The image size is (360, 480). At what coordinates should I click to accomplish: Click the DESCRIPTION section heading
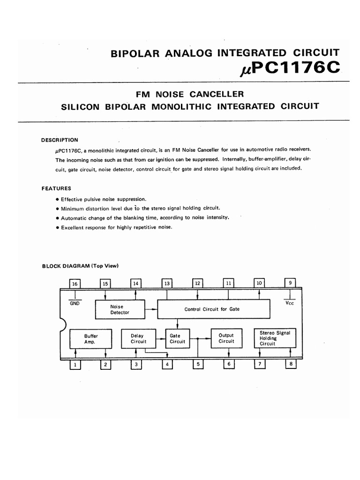(x=60, y=140)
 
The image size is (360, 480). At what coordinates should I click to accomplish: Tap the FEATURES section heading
(x=56, y=188)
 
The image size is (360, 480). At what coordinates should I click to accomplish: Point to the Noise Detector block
(x=120, y=309)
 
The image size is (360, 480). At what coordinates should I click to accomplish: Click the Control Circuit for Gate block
(x=214, y=309)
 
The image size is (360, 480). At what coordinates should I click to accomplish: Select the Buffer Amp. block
(x=90, y=339)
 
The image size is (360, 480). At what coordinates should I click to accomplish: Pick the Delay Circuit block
(x=137, y=339)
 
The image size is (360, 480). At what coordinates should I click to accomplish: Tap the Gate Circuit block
(x=177, y=339)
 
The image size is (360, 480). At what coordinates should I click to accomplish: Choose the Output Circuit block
(x=226, y=339)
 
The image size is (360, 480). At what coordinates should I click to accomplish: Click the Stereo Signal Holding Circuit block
(x=275, y=338)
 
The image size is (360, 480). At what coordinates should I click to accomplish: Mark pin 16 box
(x=75, y=284)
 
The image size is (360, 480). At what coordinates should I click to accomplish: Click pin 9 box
(x=291, y=283)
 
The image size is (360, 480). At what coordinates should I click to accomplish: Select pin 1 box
(x=75, y=364)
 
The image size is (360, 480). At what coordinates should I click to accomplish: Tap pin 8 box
(x=291, y=363)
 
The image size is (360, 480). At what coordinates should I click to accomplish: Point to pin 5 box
(x=198, y=364)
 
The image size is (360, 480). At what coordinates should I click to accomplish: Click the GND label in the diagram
(x=75, y=303)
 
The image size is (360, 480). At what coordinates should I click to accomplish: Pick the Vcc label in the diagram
(x=290, y=303)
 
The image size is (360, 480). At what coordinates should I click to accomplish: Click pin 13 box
(x=167, y=283)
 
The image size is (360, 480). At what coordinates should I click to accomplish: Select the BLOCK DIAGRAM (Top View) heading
(x=80, y=266)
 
